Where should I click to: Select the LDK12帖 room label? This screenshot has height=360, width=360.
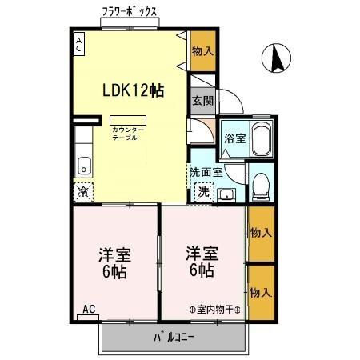click(132, 90)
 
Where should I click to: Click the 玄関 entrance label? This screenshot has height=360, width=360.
click(202, 101)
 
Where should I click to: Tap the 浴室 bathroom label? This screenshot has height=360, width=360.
click(234, 138)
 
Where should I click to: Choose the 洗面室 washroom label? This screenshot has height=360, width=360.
click(205, 171)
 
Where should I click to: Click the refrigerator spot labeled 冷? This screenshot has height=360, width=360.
click(82, 192)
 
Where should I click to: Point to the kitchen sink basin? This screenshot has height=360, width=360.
click(83, 166)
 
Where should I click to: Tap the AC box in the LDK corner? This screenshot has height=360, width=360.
click(78, 45)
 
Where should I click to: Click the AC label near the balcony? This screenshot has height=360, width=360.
click(90, 309)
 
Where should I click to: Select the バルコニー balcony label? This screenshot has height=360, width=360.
click(174, 337)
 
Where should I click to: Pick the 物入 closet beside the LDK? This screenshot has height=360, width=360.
click(203, 50)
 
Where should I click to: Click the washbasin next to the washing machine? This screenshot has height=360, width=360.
click(226, 193)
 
